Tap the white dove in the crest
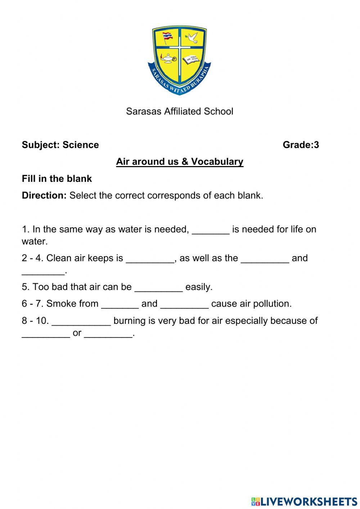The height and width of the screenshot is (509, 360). click(192, 37)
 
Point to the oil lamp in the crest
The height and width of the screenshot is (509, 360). click(168, 58)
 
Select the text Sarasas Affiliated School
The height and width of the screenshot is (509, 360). click(179, 111)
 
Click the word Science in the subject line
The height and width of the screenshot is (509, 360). click(81, 145)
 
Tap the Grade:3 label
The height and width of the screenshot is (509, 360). click(301, 145)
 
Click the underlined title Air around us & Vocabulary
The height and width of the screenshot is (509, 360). click(179, 162)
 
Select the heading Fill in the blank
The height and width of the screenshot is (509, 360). click(57, 179)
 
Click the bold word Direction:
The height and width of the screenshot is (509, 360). click(44, 196)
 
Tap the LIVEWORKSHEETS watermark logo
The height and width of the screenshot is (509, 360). click(304, 501)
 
